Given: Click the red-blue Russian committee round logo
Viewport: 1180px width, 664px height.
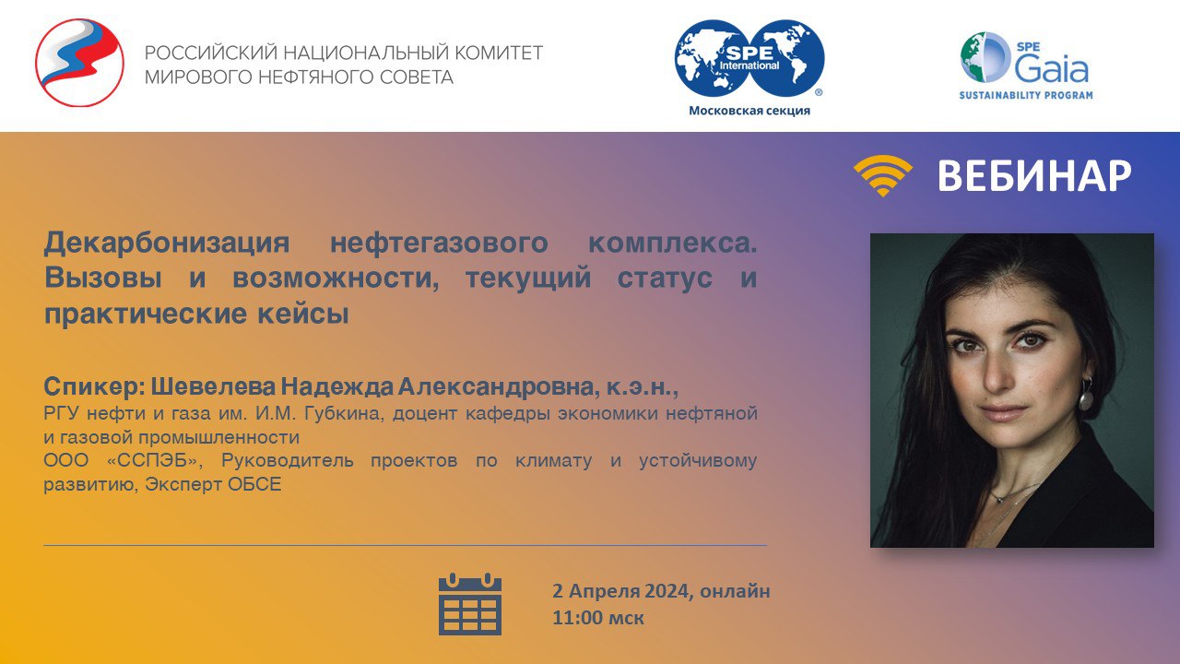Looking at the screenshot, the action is [79, 63].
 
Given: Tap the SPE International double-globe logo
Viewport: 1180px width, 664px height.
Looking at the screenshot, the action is [749, 58].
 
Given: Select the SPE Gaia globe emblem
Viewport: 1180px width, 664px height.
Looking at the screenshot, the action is [984, 57].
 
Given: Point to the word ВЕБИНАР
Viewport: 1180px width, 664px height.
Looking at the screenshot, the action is [1034, 175].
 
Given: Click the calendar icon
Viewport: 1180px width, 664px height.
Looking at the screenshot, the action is [470, 604].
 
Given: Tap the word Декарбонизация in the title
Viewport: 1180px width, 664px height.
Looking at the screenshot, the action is [167, 243].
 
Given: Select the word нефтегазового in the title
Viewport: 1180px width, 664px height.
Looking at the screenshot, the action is [439, 243].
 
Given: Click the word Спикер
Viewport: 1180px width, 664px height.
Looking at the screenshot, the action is [94, 387].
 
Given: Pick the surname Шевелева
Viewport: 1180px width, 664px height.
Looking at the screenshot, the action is [213, 386].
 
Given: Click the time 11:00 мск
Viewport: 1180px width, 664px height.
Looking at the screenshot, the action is [598, 618].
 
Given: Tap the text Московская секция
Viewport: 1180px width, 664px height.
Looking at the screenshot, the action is [749, 111].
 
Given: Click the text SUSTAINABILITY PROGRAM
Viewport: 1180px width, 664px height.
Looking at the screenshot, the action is [1026, 95].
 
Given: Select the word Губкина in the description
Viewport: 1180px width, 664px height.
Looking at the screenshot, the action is [342, 414].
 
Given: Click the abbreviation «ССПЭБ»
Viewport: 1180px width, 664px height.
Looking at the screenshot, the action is [154, 460].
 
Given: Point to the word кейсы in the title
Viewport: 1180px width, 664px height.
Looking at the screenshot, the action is [303, 314].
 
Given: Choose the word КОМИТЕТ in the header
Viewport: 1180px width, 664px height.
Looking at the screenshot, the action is [499, 53].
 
